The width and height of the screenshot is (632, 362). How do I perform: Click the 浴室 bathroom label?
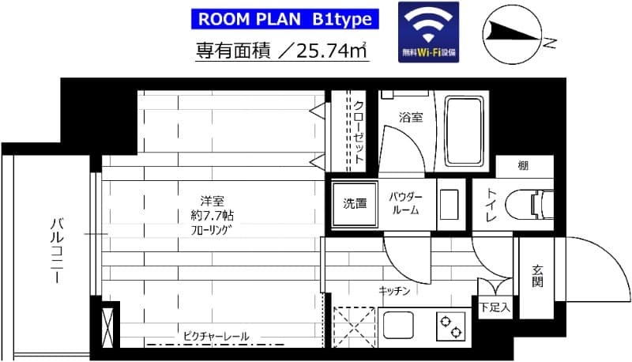point(410,117)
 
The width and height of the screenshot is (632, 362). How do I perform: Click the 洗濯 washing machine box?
point(353,203)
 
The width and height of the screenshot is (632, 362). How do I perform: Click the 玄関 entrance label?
point(538,275)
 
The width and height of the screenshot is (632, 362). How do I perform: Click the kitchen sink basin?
point(399,325)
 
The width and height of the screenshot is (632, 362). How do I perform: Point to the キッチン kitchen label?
point(394,292)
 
